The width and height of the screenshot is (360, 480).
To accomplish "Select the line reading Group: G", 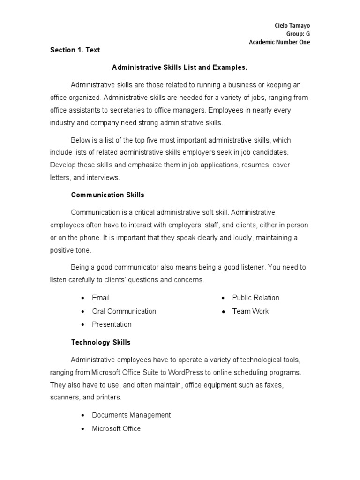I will point(298,33).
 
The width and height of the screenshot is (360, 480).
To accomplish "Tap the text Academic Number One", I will point(279,42).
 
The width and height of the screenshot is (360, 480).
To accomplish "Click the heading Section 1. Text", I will point(75,50).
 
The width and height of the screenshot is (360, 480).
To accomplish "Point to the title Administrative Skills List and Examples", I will point(180,67).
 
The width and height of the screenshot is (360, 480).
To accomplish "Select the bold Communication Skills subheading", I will point(107,195).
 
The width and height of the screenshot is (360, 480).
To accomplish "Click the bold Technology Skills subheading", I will point(101,342).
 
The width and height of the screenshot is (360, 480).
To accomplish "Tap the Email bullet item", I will point(101,298).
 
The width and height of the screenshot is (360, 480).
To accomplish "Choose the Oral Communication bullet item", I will point(124,311).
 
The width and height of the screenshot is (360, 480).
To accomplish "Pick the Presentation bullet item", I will point(112,324).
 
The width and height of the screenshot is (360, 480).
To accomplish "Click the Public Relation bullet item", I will point(255,298).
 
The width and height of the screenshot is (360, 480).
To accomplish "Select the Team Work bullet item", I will point(250,311).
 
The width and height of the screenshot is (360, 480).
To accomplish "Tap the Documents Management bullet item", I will point(131,415).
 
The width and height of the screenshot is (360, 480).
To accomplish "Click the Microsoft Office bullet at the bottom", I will point(116,428).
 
